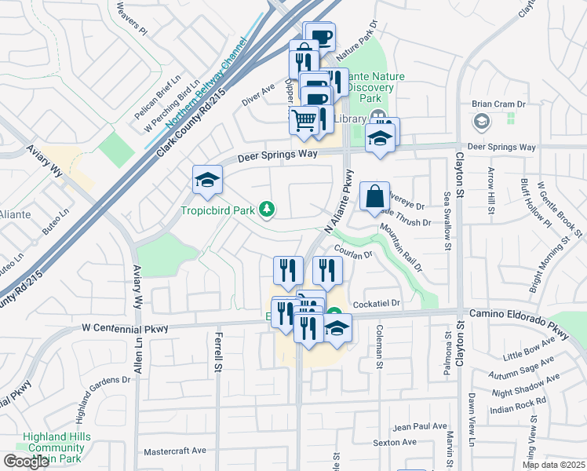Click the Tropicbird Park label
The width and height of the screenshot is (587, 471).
[220, 210]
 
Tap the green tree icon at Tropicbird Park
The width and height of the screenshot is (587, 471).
[268, 209]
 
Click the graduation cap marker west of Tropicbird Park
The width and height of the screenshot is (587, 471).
[207, 180]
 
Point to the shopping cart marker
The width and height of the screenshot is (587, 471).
[304, 120]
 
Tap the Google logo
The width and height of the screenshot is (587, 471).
[25, 462]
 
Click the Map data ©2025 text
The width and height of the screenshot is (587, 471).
[553, 465]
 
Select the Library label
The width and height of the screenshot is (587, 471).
[351, 119]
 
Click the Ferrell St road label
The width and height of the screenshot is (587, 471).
[217, 353]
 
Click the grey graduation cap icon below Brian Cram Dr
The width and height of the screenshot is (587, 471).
[480, 122]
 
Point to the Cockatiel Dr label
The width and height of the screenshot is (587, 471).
[377, 303]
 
